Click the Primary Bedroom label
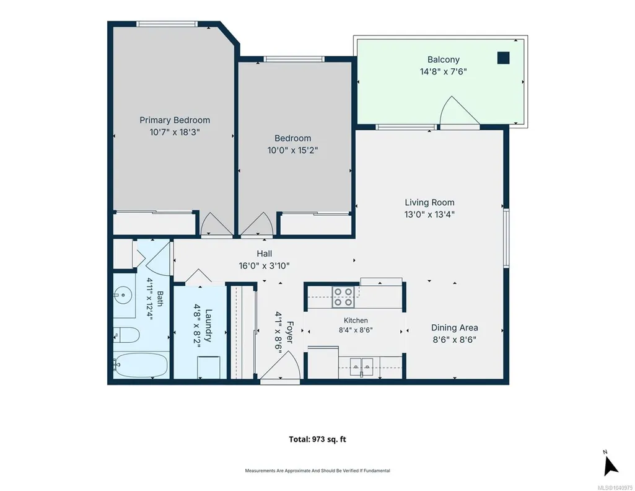tap(175, 120)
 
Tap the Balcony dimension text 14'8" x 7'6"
tap(443, 72)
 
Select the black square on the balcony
tap(504, 58)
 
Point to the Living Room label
tap(429, 203)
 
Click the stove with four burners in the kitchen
tap(343, 297)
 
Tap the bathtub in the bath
tap(141, 365)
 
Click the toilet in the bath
tap(126, 335)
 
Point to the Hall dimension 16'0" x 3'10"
tap(264, 266)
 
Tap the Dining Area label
tap(454, 328)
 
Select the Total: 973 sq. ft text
tap(317, 439)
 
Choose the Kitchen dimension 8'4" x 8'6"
tap(356, 330)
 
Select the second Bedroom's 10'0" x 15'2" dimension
tap(292, 150)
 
